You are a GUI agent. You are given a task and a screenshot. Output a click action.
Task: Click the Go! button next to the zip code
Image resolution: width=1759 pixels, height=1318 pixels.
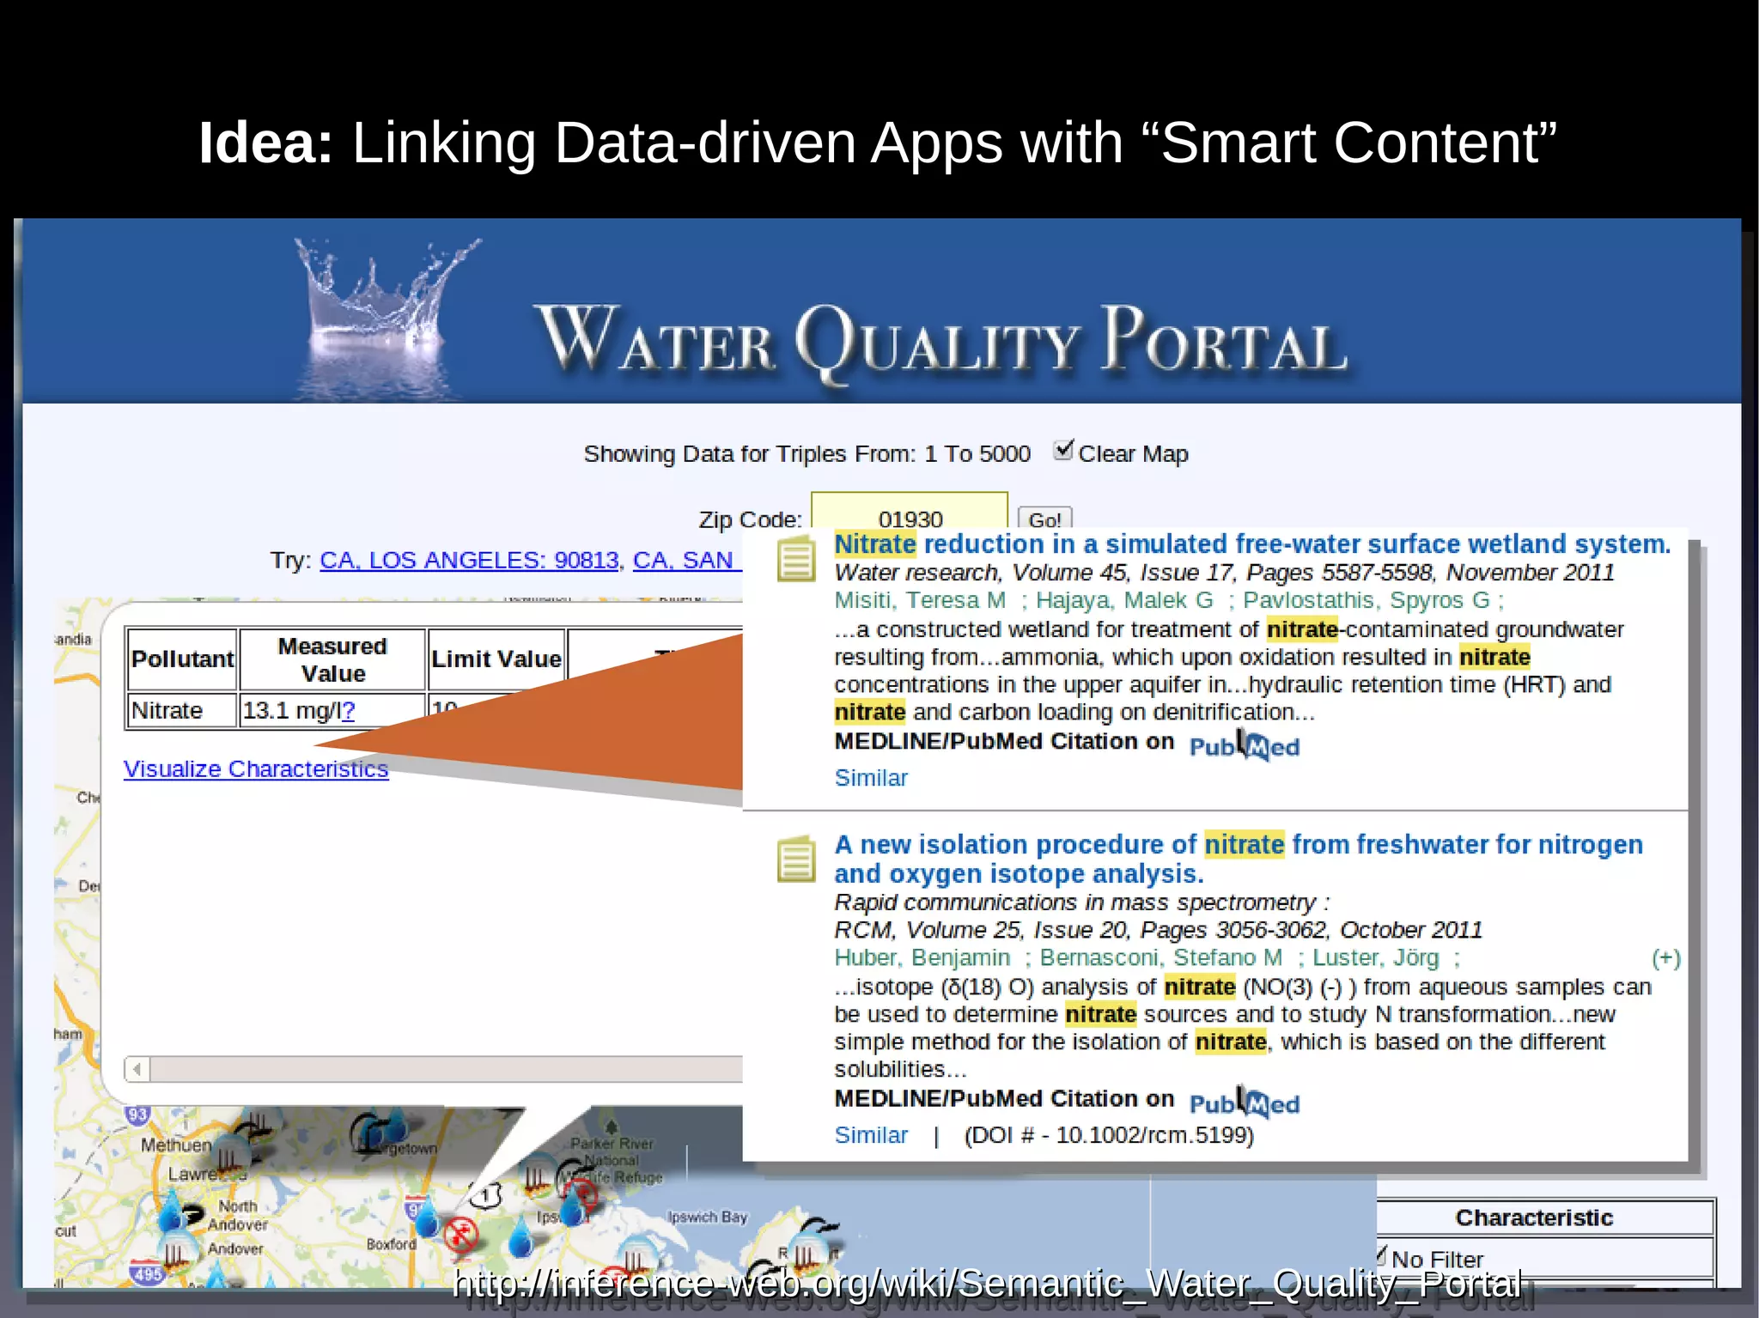click(x=1044, y=519)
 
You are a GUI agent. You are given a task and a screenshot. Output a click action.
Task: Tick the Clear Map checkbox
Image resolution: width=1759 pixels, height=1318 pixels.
click(x=1063, y=450)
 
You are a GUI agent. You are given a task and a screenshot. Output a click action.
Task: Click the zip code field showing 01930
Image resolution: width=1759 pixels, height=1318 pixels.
click(x=909, y=515)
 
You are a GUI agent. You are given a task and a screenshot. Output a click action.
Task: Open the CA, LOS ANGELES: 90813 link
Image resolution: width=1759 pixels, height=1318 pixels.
click(x=469, y=560)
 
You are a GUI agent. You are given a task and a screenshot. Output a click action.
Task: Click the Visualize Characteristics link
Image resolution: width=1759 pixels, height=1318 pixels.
click(x=256, y=768)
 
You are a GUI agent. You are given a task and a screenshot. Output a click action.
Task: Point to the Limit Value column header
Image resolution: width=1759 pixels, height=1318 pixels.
click(x=496, y=659)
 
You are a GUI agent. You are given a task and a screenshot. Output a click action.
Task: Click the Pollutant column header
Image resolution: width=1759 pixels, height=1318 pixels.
click(x=182, y=659)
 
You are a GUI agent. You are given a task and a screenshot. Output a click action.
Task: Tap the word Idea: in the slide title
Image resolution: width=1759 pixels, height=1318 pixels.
click(x=265, y=143)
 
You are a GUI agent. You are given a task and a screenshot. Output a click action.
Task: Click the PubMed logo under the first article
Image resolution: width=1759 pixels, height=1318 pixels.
click(x=1244, y=745)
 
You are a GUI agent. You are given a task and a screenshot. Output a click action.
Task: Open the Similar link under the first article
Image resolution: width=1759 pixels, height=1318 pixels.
click(x=871, y=778)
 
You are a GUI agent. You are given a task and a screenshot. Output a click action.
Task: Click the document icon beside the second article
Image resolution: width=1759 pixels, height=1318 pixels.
click(x=796, y=859)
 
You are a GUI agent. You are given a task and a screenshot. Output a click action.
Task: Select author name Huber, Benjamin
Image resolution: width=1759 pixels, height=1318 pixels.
click(x=922, y=957)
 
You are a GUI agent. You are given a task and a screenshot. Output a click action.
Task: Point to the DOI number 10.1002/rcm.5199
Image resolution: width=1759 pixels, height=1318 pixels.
click(x=1153, y=1135)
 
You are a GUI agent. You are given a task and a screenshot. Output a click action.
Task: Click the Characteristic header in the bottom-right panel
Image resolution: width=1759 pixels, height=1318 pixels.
click(x=1534, y=1218)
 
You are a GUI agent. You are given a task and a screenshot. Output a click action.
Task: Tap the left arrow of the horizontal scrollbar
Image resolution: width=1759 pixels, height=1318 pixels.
click(x=137, y=1069)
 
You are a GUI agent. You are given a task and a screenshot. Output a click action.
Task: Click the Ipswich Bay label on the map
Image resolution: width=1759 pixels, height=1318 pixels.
click(x=708, y=1217)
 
